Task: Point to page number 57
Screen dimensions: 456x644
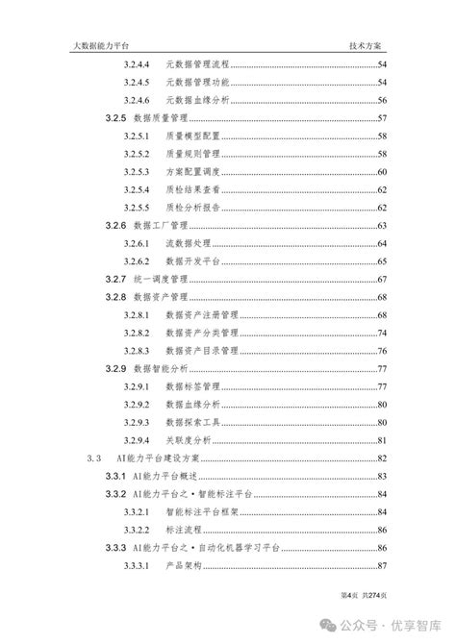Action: (x=382, y=118)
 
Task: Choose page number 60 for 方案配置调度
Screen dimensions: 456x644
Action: (x=382, y=171)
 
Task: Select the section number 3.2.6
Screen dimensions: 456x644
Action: (x=116, y=226)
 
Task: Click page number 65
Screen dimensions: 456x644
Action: (x=382, y=261)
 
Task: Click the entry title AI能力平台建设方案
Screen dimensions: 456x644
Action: (x=168, y=458)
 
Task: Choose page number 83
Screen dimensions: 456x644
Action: (x=382, y=477)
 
